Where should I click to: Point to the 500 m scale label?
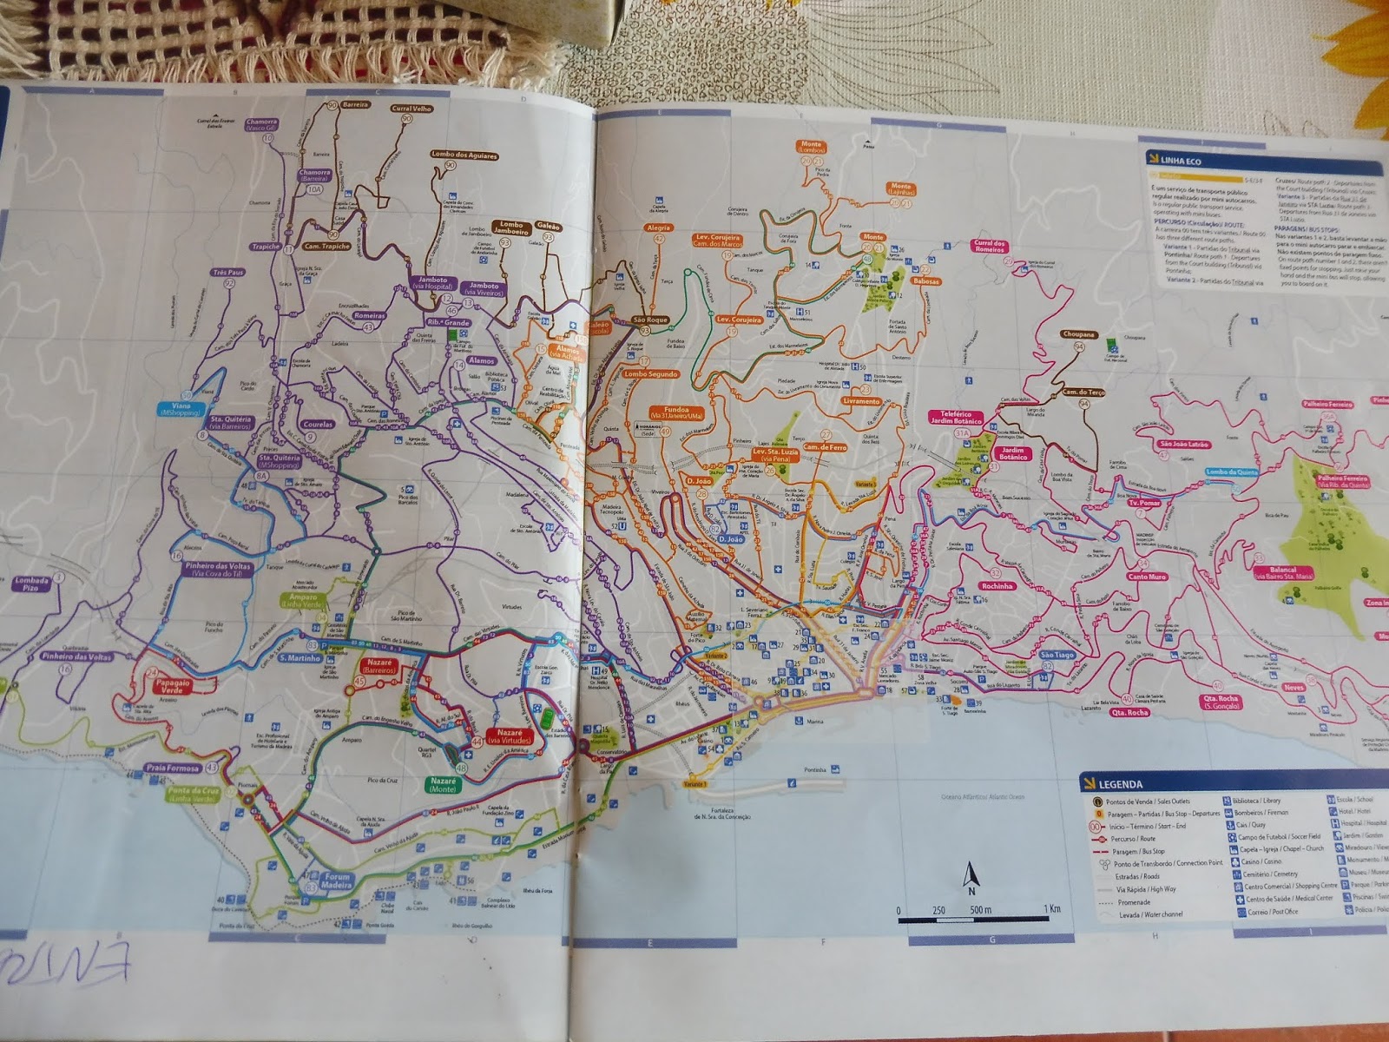(x=980, y=909)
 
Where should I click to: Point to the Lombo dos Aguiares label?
(x=464, y=155)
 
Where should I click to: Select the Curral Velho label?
(x=411, y=109)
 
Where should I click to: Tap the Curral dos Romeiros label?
(x=989, y=247)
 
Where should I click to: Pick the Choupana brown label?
(x=1077, y=334)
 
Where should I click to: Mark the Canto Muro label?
(x=1147, y=577)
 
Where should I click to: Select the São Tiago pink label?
(x=1057, y=655)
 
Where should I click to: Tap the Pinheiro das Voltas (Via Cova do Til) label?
(x=216, y=569)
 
